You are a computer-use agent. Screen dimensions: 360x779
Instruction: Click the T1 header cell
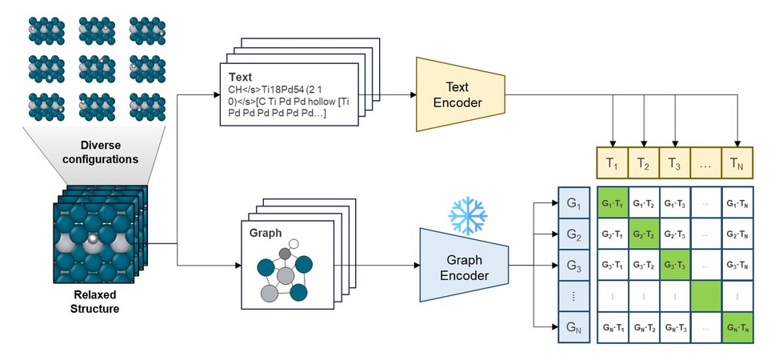(613, 164)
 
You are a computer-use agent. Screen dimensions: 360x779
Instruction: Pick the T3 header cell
(674, 164)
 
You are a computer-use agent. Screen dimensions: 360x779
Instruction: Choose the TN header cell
(737, 164)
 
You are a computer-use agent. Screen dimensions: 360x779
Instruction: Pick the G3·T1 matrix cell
(613, 265)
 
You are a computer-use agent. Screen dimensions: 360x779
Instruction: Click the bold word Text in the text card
(241, 77)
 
